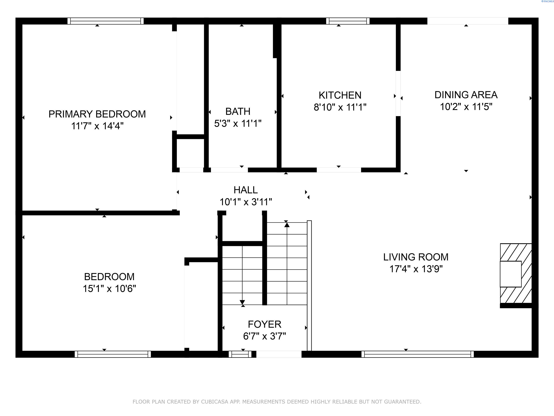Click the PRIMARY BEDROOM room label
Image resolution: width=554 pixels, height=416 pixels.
click(x=97, y=114)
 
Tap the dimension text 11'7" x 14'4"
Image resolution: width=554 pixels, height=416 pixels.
click(x=98, y=126)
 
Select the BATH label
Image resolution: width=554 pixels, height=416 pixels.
click(x=238, y=111)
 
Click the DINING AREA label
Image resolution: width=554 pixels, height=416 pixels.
click(x=466, y=95)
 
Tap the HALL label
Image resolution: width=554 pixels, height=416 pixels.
click(x=245, y=190)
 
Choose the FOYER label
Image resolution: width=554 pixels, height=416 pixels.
click(x=264, y=324)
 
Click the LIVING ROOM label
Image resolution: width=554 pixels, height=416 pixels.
click(x=416, y=257)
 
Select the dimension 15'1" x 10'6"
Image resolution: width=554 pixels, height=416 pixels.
click(x=110, y=289)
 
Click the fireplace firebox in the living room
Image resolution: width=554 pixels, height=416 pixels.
click(x=511, y=274)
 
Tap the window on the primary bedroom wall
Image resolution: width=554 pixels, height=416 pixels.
click(x=105, y=21)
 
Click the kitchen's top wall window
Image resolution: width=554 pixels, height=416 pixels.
click(x=348, y=21)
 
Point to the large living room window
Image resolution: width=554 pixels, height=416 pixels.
click(x=418, y=354)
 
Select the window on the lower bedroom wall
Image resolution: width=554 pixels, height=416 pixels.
click(x=113, y=354)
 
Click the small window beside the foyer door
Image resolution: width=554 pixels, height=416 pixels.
click(x=240, y=354)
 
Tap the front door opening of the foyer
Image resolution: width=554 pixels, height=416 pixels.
click(x=279, y=354)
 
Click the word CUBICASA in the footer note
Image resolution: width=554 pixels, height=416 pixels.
click(x=214, y=402)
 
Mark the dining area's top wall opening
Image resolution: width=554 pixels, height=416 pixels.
click(x=468, y=21)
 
